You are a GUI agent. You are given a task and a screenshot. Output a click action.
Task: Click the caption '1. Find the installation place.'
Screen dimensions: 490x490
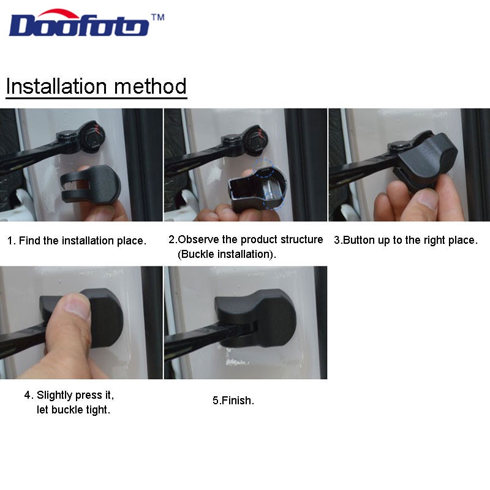pyautogui.click(x=77, y=241)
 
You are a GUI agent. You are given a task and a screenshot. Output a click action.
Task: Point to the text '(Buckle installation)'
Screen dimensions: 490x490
pyautogui.click(x=227, y=254)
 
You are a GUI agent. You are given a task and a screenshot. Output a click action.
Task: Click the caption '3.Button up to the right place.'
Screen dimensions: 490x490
pyautogui.click(x=405, y=240)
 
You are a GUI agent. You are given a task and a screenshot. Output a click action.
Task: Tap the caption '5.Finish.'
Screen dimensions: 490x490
pyautogui.click(x=233, y=401)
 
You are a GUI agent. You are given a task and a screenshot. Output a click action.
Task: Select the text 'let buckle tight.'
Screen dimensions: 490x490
pyautogui.click(x=73, y=410)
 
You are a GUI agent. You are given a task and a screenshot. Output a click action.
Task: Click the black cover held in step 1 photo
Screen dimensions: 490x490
pyautogui.click(x=92, y=186)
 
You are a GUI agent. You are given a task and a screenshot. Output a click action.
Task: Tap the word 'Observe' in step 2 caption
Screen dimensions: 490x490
pyautogui.click(x=197, y=239)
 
